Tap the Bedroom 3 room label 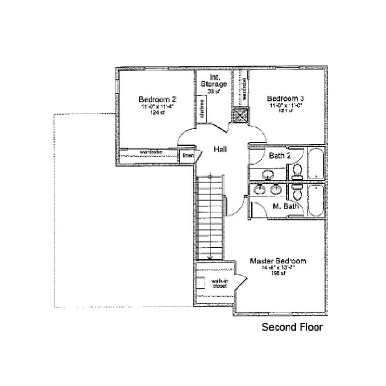(286, 98)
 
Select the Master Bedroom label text (278, 261)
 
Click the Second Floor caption (292, 327)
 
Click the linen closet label (188, 156)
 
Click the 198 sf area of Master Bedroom (278, 272)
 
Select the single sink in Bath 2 (267, 174)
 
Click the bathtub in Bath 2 (317, 164)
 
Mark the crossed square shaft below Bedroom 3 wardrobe (240, 115)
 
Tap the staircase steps (211, 217)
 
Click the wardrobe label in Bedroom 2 (150, 152)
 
